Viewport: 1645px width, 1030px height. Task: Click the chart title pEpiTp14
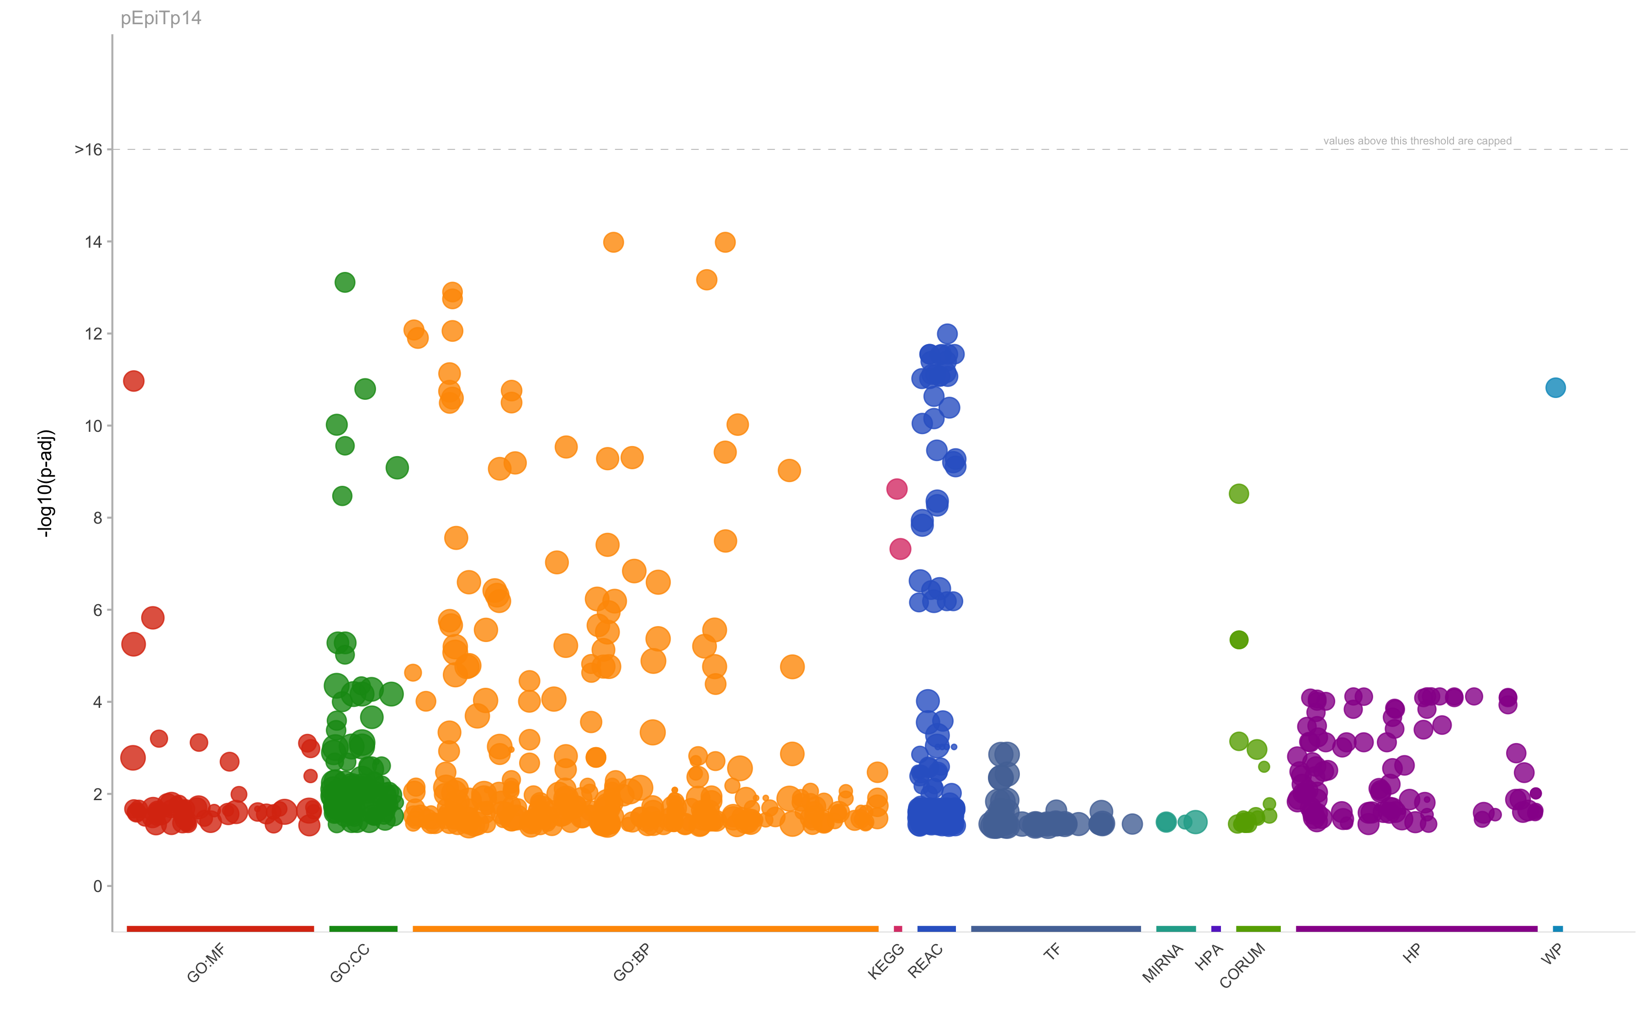161,18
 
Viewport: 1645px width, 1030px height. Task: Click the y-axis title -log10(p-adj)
46,483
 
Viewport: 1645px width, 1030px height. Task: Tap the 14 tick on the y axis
93,242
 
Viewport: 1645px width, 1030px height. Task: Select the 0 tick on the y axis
97,886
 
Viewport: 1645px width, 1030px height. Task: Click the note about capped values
1417,141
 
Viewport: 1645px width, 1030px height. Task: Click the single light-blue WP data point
1555,388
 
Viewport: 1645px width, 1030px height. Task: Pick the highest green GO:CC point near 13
345,282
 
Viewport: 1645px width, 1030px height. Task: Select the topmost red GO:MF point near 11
133,381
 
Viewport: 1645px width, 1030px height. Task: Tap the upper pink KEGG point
897,488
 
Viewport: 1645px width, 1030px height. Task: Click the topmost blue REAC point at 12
947,334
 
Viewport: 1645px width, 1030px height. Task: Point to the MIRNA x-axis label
1162,964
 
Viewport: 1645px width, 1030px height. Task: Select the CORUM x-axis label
1242,965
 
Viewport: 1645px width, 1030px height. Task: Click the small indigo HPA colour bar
1216,929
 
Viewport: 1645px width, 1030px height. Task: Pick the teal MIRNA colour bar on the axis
1176,929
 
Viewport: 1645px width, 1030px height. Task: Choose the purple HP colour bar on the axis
1416,929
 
